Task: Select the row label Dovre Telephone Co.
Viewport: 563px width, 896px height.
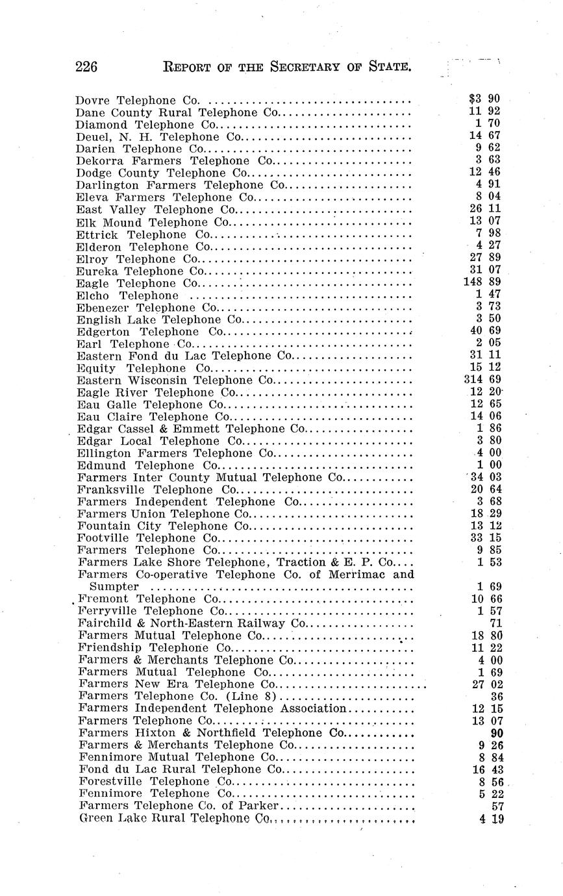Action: tap(137, 101)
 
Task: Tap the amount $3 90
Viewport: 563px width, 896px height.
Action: tap(484, 99)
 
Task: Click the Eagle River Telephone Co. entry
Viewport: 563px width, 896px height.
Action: tap(156, 393)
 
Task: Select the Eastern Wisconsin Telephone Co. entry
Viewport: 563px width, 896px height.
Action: tap(175, 380)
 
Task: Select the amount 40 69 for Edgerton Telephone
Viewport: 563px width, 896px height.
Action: tap(484, 332)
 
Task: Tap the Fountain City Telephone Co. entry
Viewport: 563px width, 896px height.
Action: tap(163, 526)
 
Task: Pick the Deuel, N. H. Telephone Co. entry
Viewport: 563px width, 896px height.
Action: tap(158, 137)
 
